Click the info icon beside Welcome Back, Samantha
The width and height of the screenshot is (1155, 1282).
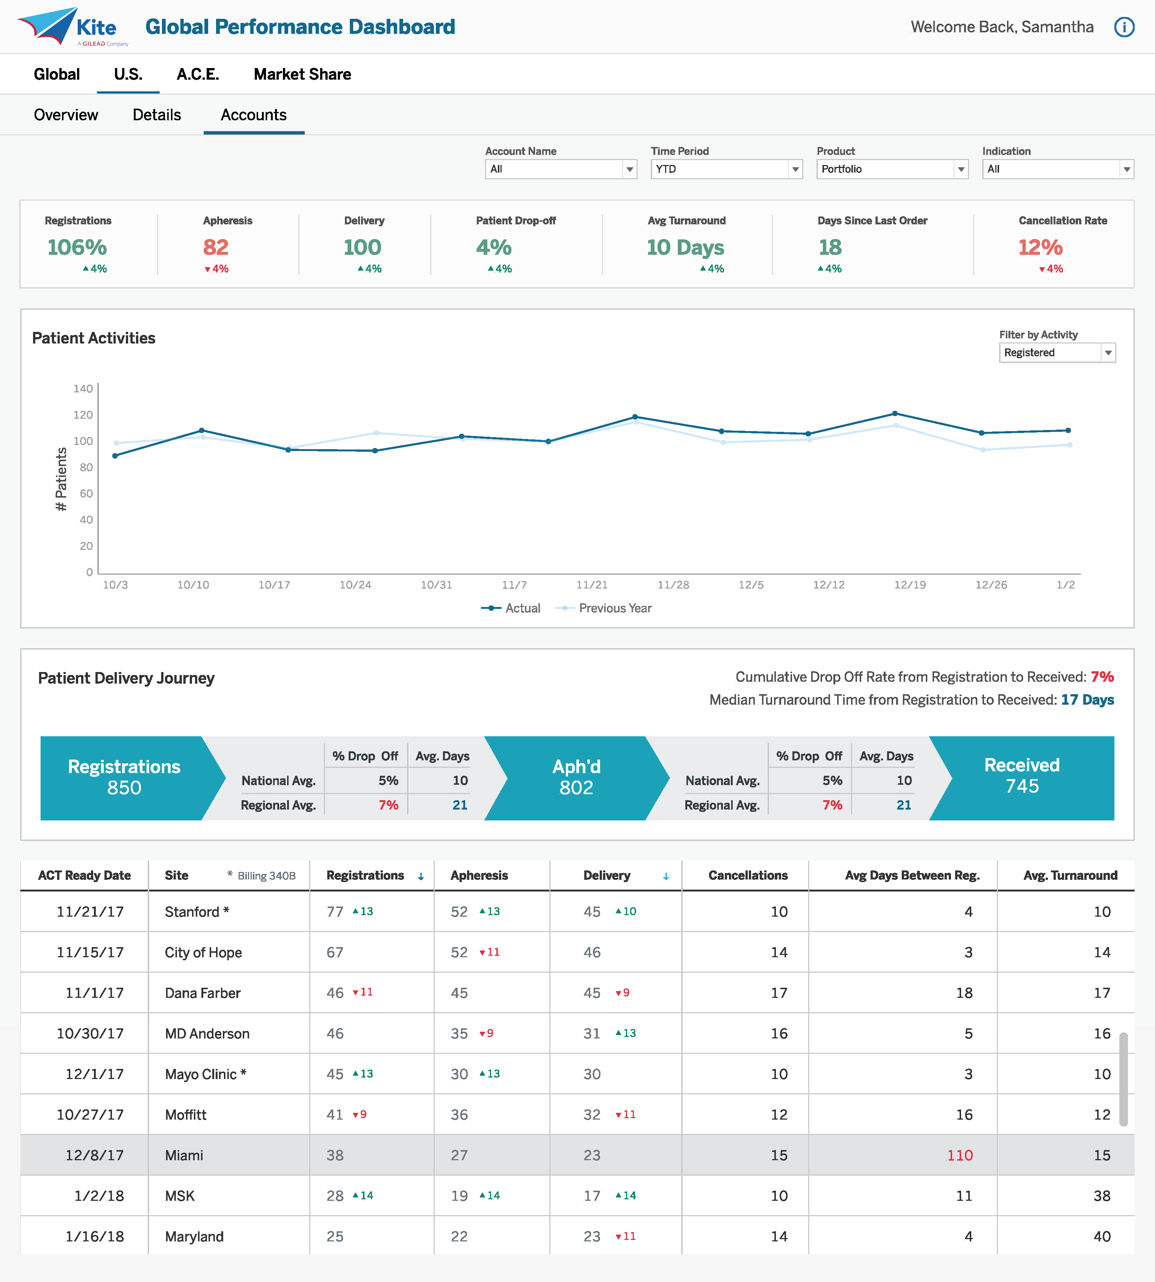pos(1124,27)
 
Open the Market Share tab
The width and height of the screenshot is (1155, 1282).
pos(302,74)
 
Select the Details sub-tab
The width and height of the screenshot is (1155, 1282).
pos(157,115)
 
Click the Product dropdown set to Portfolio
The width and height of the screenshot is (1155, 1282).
pos(892,169)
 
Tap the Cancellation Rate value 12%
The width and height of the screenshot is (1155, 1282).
pos(1040,247)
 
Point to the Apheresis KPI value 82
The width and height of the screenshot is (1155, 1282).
pos(216,247)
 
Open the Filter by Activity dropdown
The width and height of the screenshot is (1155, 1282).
pos(1057,352)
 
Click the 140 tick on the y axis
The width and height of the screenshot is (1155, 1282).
pos(83,388)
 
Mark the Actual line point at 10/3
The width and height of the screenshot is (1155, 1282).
pos(115,456)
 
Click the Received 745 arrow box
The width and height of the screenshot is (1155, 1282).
pos(1022,777)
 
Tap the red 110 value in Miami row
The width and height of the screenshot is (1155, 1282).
pos(960,1155)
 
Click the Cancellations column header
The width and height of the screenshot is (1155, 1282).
pos(748,875)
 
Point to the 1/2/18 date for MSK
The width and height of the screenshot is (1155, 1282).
pos(98,1196)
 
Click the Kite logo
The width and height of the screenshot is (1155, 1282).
pos(73,27)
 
